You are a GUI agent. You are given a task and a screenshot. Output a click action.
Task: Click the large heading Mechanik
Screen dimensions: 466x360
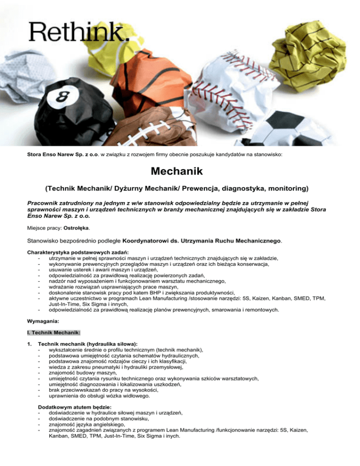point(180,173)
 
